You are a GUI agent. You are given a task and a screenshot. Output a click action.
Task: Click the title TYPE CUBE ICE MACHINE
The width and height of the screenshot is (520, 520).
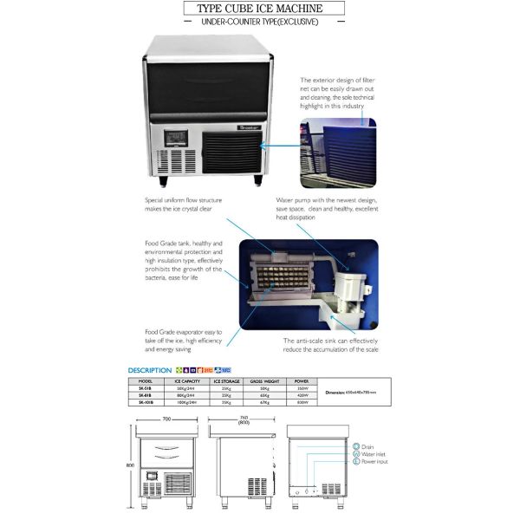point(259,9)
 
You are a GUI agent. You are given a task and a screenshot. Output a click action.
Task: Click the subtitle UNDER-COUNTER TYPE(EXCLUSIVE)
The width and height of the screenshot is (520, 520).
point(259,21)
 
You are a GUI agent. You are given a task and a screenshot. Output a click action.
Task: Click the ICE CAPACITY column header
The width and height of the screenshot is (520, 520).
point(188,380)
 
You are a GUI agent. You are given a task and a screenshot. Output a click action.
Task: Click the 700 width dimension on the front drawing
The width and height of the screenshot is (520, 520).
point(165,419)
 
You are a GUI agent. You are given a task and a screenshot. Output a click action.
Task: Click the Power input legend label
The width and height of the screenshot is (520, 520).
point(375,463)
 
